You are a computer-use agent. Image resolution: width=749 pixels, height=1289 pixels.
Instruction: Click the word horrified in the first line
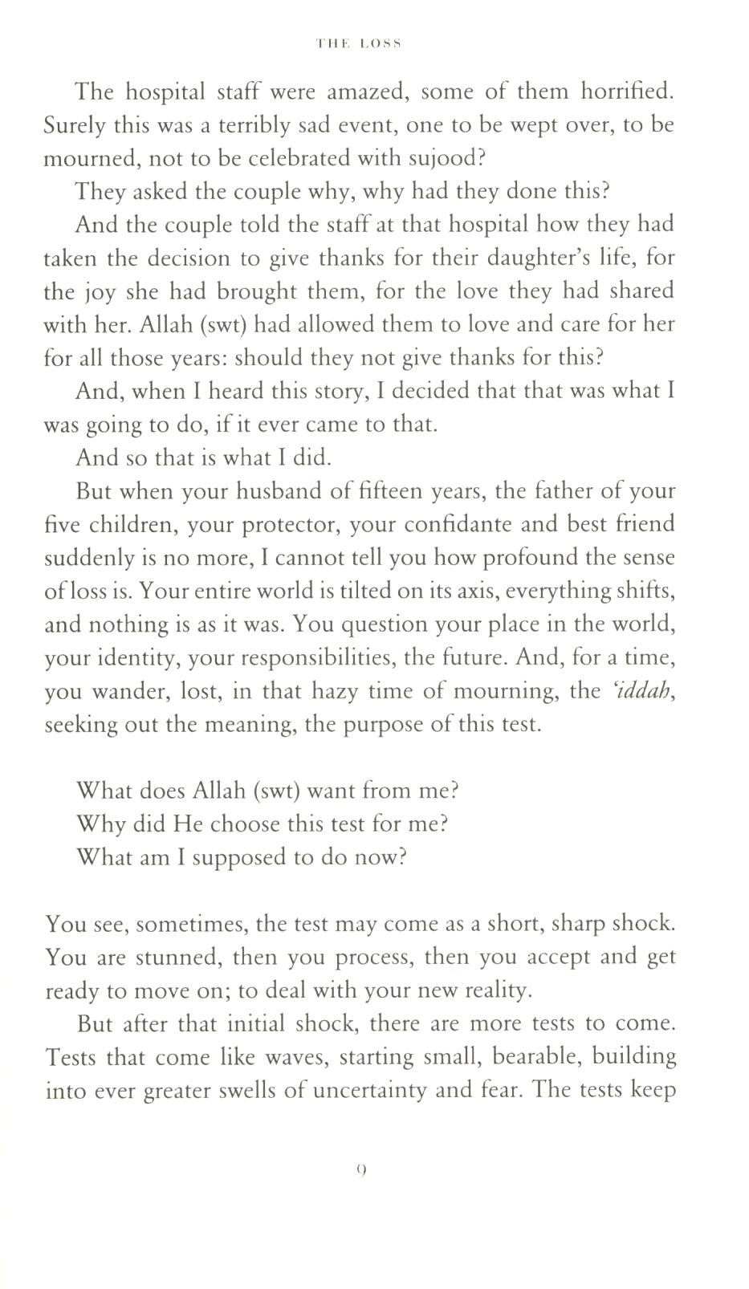pos(626,91)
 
